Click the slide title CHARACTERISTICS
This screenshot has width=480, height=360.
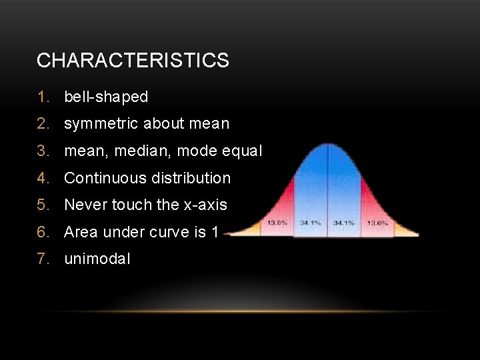click(x=133, y=61)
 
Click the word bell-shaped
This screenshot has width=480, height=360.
click(x=106, y=97)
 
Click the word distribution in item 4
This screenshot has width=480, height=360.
click(x=191, y=178)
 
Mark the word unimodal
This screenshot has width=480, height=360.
click(x=97, y=259)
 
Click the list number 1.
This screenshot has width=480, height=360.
click(x=43, y=97)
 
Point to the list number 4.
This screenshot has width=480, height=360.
click(x=43, y=178)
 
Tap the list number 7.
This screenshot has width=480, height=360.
click(x=43, y=259)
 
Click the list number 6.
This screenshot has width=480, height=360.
click(x=43, y=233)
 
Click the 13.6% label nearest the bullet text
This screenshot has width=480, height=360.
click(x=277, y=223)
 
